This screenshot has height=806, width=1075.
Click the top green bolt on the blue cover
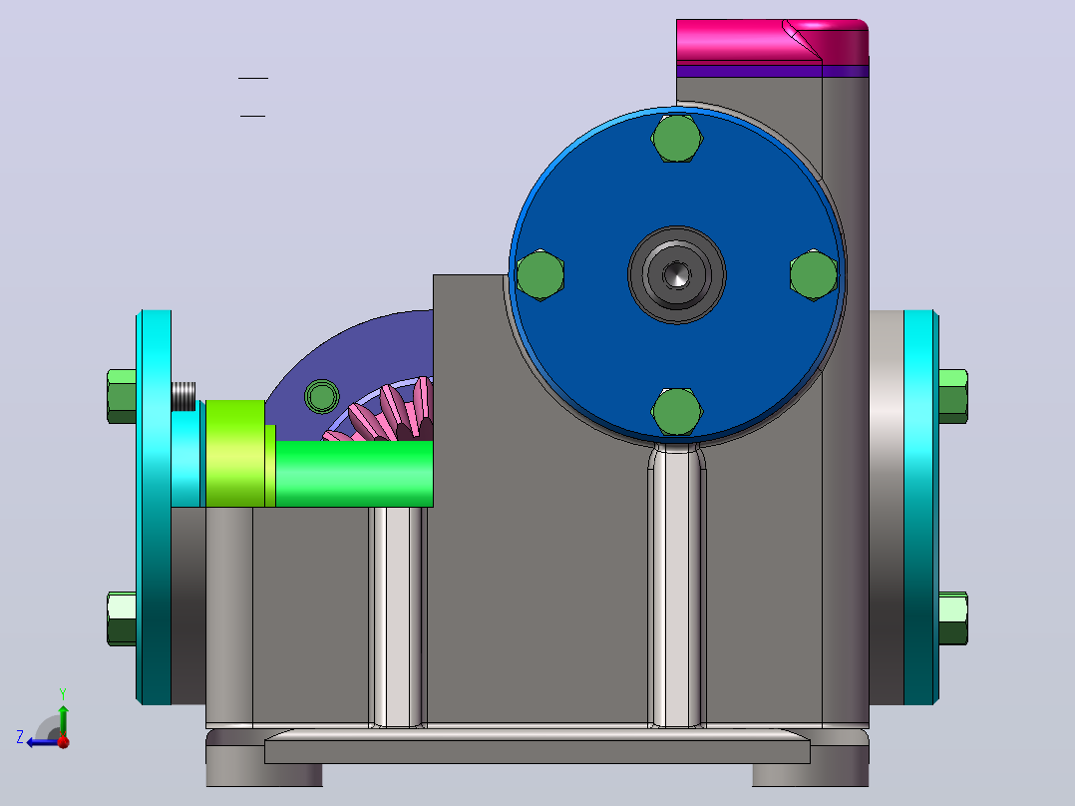click(677, 138)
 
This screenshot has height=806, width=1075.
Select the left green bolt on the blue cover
click(540, 274)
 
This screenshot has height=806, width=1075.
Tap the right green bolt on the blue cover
click(813, 274)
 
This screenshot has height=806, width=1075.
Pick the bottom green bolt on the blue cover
click(677, 411)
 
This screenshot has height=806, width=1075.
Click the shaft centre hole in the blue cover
click(677, 274)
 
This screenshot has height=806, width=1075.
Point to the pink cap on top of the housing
click(773, 42)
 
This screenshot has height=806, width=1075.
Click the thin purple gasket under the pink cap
click(773, 72)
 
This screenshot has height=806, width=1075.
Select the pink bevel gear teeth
click(384, 412)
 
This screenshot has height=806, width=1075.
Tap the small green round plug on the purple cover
click(321, 396)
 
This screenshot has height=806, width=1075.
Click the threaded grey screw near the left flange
click(183, 396)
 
